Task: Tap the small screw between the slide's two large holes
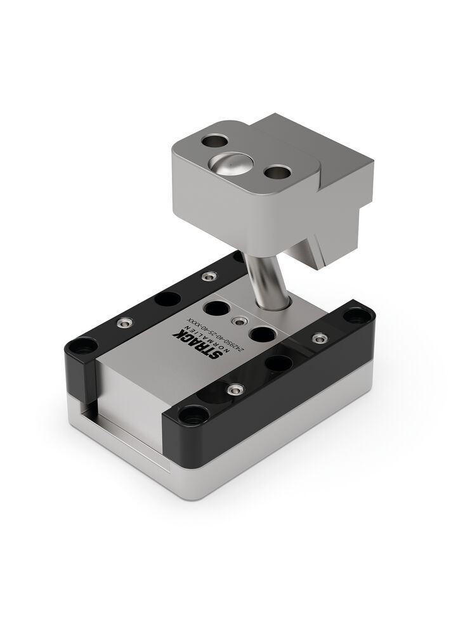[x=239, y=321]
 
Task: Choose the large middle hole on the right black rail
[x=277, y=363]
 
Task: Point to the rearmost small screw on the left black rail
[x=208, y=276]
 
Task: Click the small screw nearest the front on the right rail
[x=236, y=388]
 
